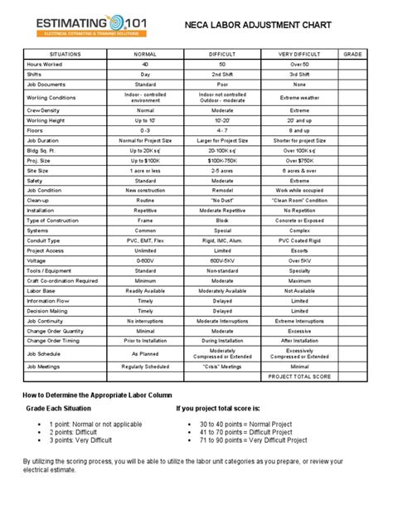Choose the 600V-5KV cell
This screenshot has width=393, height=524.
pos(222,260)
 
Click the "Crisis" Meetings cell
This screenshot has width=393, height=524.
pos(222,366)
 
